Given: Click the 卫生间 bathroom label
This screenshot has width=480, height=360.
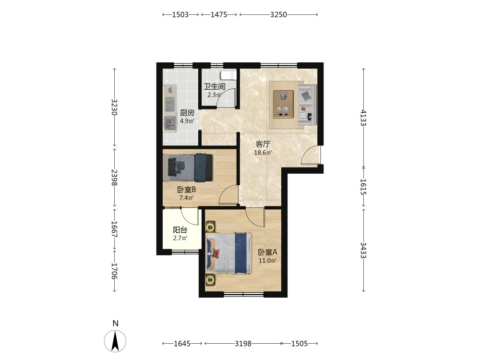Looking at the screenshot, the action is point(214,86).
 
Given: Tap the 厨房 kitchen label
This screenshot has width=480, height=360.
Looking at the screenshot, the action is point(187,113).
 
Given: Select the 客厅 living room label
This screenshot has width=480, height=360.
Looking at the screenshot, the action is point(263,144).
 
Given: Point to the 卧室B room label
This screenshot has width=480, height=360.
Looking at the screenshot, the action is point(186,190).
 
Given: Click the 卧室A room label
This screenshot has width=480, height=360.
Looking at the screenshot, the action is point(267,252).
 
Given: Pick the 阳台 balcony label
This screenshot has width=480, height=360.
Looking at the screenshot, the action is point(180,230).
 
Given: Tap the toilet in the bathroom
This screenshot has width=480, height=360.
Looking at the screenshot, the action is point(228,75).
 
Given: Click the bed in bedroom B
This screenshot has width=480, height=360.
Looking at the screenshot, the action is point(188,168).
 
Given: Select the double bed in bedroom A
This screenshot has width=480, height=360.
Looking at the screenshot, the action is point(228,253).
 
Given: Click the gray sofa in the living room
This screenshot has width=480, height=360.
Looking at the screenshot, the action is point(307,105).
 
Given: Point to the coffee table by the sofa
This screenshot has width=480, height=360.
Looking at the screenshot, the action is point(283,104).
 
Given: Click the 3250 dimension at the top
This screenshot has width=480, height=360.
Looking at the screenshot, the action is point(278,15).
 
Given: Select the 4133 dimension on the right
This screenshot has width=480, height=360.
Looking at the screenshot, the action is point(363,118).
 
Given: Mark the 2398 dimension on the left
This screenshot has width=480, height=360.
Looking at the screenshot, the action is point(115,178).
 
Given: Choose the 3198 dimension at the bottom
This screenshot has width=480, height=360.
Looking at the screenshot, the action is point(243,344).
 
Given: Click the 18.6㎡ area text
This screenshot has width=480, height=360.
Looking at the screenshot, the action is point(263,153).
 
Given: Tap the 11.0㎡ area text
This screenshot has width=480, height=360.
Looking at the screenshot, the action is point(267,261).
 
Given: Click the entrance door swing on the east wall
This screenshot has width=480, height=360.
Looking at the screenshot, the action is point(311,156).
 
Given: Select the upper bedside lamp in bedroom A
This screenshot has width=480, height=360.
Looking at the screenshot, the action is point(210,228).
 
